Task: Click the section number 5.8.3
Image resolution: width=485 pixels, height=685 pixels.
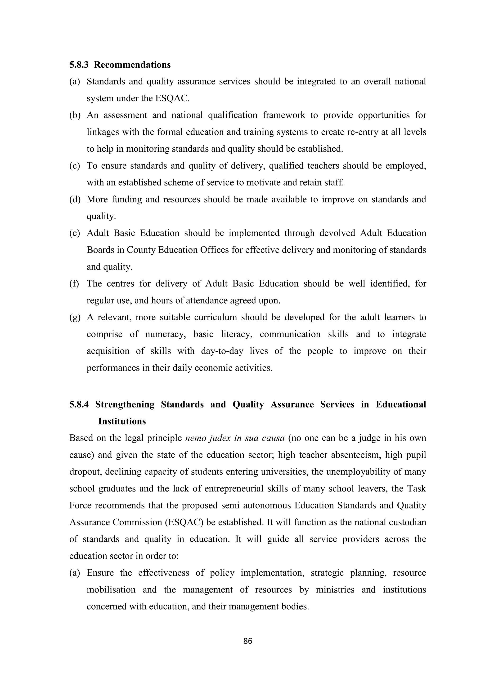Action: point(79,65)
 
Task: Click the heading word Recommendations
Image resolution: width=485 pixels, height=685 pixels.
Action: point(132,65)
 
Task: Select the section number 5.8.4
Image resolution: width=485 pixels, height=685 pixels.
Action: point(79,404)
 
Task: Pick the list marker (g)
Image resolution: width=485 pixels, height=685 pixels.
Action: point(75,317)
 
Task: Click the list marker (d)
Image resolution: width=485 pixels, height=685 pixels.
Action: point(75,199)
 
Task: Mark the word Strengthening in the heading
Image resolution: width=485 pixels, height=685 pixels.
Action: point(125,404)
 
